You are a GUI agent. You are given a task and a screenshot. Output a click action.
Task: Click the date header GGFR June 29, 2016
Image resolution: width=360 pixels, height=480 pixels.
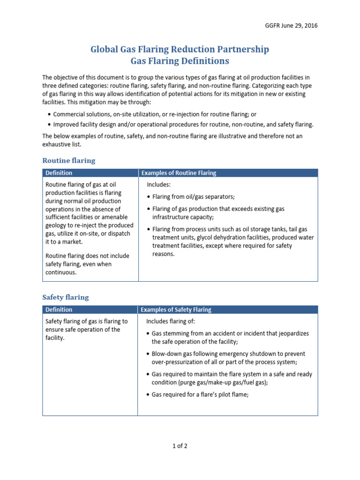[x=291, y=25]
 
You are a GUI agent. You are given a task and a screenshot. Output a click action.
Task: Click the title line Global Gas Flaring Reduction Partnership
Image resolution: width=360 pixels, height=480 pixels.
[x=180, y=49]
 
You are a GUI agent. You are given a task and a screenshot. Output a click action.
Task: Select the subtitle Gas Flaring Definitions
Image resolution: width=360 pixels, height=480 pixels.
[x=180, y=61]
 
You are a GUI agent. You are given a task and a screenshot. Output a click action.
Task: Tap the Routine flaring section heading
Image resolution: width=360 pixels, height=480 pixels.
[x=68, y=160]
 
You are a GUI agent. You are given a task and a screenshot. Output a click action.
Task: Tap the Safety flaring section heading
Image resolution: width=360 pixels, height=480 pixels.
[x=65, y=297]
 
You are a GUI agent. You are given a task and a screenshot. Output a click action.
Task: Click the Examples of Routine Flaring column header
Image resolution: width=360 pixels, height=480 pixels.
[x=179, y=173]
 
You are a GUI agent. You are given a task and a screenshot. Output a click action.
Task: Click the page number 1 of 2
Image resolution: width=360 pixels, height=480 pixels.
[x=180, y=446]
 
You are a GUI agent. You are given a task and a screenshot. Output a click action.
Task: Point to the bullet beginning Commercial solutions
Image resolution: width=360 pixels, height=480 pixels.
[x=155, y=114]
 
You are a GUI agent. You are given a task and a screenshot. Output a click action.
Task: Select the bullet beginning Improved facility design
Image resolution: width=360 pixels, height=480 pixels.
[x=183, y=124]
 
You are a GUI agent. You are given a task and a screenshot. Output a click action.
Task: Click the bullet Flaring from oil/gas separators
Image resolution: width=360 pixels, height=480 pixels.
[x=193, y=196]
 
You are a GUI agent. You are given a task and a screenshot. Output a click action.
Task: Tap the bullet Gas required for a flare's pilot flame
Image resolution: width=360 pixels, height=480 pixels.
[x=200, y=395]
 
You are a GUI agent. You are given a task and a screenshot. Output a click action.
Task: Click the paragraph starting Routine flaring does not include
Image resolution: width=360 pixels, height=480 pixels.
[x=87, y=264]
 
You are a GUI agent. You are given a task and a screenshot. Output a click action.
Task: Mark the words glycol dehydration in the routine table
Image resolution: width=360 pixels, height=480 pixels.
[x=207, y=238]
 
